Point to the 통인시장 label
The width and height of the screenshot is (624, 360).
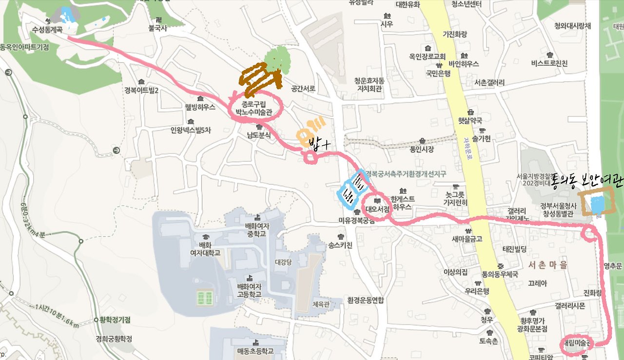[x=422, y=149]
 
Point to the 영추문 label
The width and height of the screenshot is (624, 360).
[x=613, y=266]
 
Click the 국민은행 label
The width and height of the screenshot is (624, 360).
[x=438, y=74]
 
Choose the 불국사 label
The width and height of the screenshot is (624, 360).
[x=158, y=28]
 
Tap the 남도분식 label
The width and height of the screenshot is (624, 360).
[x=258, y=135]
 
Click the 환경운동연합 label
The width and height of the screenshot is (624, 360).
[x=366, y=300]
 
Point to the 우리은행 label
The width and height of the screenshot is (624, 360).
[x=477, y=291]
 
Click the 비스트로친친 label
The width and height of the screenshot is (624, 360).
[x=550, y=63]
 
